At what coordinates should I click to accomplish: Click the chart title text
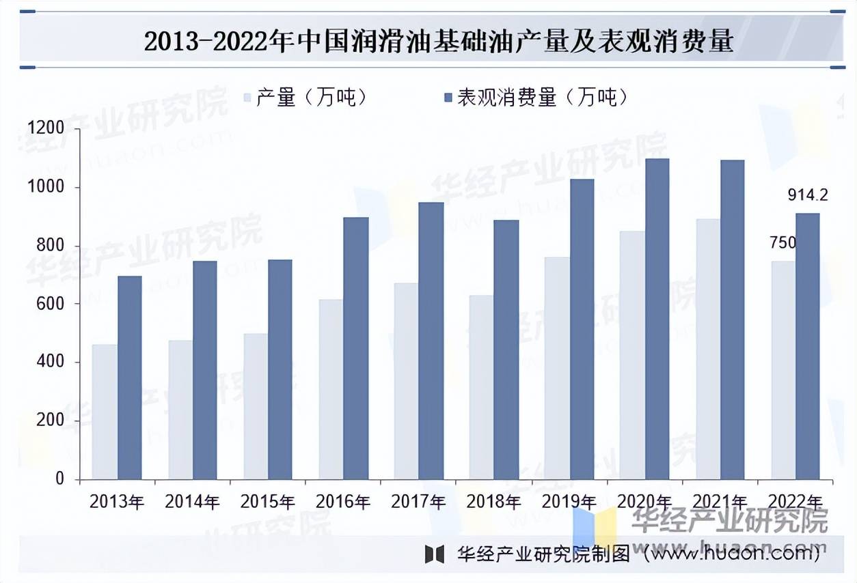click(x=438, y=42)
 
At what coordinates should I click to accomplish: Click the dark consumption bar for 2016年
click(x=355, y=348)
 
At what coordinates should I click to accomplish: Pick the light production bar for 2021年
click(x=708, y=349)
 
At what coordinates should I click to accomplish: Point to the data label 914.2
click(x=808, y=195)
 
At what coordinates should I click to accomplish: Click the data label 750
click(x=783, y=243)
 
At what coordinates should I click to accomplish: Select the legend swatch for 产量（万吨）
click(x=248, y=98)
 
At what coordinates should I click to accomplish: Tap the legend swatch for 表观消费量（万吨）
click(x=448, y=98)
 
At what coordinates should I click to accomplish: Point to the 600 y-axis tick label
click(x=50, y=304)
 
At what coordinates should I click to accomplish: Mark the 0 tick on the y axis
click(x=59, y=479)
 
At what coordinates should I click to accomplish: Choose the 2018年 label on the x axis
click(x=493, y=502)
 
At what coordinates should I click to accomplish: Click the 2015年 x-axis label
click(x=267, y=502)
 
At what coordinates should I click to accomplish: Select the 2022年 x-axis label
click(x=795, y=502)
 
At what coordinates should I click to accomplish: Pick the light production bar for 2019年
click(x=557, y=368)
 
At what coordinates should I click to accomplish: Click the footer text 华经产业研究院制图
click(x=544, y=554)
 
